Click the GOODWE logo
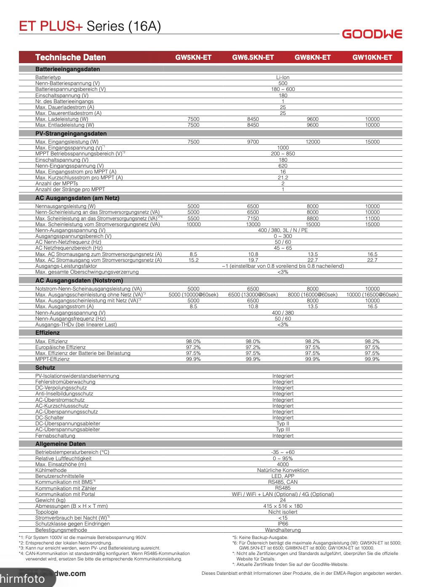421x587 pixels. (372, 34)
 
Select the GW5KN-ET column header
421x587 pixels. (193, 57)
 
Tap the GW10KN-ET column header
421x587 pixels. (372, 57)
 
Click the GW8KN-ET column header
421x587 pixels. (312, 57)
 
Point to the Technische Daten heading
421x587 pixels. (70, 57)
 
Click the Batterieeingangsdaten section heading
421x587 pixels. (67, 69)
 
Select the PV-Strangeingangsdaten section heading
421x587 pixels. (71, 133)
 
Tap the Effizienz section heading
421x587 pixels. (47, 333)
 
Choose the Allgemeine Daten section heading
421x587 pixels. (60, 444)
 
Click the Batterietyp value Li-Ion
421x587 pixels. (282, 77)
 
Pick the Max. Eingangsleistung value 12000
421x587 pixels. (312, 142)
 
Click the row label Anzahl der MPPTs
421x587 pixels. (56, 184)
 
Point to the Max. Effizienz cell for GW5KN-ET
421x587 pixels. (193, 342)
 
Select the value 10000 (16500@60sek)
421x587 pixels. (372, 295)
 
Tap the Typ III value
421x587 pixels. (282, 430)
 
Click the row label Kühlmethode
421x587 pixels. (51, 470)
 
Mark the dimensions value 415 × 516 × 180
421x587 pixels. (282, 506)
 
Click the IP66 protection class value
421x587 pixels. (282, 524)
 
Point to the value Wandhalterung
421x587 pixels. (282, 530)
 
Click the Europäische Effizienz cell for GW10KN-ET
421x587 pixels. (372, 347)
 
